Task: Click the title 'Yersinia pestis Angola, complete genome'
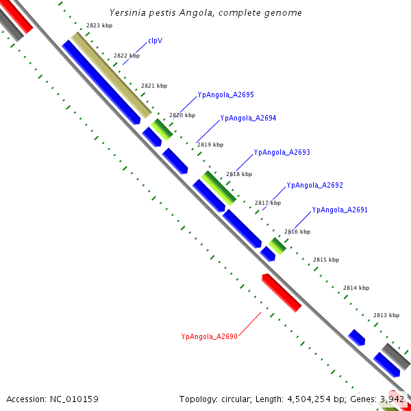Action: [x=206, y=13]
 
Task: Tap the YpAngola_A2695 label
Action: [x=225, y=95]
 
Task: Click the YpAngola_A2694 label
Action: [x=248, y=118]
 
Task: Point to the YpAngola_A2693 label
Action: [x=282, y=152]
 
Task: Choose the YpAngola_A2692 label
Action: [x=314, y=185]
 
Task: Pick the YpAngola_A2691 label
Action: [x=340, y=210]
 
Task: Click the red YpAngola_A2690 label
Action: [x=209, y=336]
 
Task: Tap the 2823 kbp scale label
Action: [x=99, y=25]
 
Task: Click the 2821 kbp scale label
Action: [x=154, y=86]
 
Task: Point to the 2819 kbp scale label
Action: [x=210, y=145]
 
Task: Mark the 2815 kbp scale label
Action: [x=326, y=260]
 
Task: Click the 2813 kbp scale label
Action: [x=386, y=315]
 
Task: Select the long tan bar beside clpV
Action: [x=111, y=75]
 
